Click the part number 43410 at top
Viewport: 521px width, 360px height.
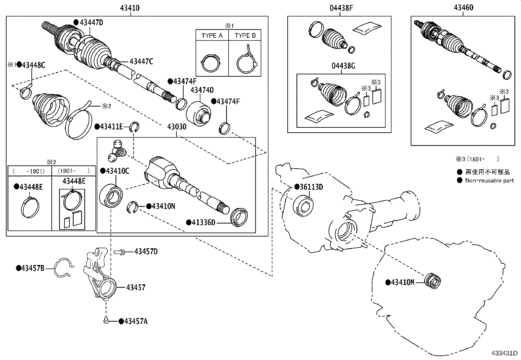(x=130, y=8)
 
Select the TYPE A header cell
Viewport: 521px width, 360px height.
(x=212, y=35)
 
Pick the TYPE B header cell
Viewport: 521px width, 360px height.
(x=245, y=35)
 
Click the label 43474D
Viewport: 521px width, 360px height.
(x=202, y=90)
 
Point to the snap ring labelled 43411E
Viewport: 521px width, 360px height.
(x=135, y=126)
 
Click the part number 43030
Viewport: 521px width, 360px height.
(x=177, y=127)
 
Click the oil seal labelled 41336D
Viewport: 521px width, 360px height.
(x=239, y=217)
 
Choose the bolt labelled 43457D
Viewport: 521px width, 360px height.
(x=120, y=252)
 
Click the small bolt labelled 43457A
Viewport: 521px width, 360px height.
(x=106, y=321)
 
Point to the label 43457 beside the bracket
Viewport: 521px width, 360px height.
(x=135, y=288)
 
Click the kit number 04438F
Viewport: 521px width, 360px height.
(x=341, y=8)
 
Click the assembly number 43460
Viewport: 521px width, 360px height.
(x=463, y=8)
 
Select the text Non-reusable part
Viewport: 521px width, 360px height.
(x=489, y=180)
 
